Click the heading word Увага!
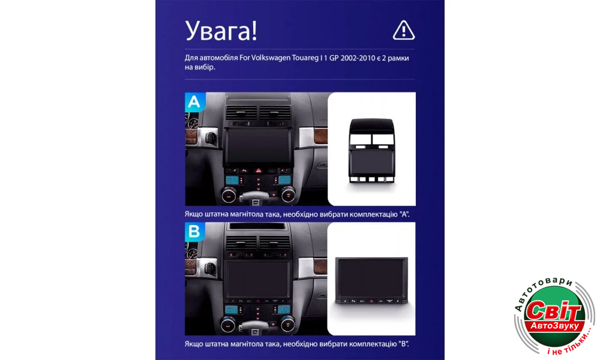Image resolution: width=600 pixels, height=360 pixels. point(221,31)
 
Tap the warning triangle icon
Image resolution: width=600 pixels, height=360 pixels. point(404,30)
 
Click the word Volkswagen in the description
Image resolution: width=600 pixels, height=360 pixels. point(271,58)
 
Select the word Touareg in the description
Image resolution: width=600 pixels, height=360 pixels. point(305,58)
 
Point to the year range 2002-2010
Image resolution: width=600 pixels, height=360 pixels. point(358,58)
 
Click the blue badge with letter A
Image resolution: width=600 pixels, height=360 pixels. point(194,102)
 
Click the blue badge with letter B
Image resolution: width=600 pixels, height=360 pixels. point(194,232)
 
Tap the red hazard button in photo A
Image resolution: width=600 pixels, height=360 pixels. point(259,170)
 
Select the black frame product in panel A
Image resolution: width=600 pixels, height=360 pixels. point(371,150)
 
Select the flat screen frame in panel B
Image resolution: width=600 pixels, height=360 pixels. point(371,280)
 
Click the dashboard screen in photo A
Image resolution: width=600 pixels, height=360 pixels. point(259,147)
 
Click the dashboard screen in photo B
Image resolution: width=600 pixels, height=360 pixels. point(257,279)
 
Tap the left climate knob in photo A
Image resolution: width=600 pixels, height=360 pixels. point(229,196)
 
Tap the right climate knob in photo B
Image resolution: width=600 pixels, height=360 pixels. point(288,325)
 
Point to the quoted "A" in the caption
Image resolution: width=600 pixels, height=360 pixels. point(404,214)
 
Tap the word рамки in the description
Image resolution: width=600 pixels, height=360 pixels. point(398,58)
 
